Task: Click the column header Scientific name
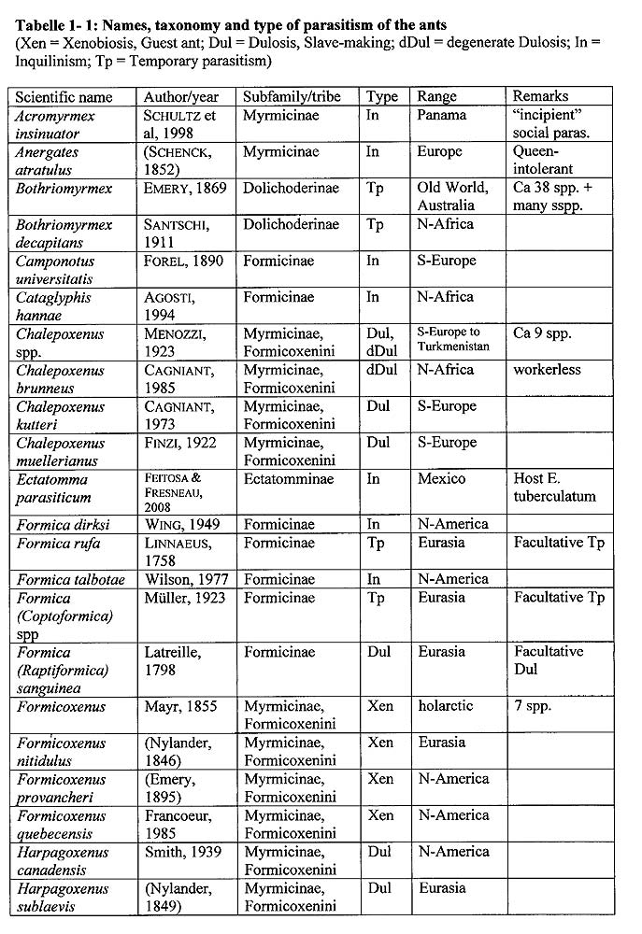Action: point(64,97)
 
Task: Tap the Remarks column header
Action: point(541,96)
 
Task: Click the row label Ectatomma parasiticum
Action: point(56,488)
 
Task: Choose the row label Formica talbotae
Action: point(70,580)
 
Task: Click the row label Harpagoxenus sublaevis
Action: point(62,898)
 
